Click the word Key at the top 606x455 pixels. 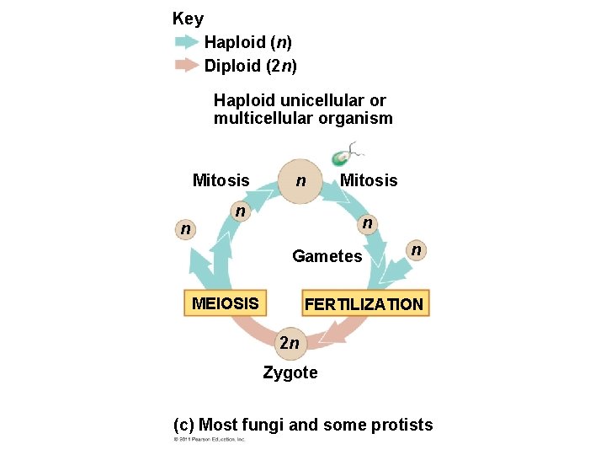pos(187,18)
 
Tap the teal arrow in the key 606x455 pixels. pos(186,41)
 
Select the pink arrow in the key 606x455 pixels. pos(186,65)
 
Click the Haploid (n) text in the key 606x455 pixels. pos(247,42)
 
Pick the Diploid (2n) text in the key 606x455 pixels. pos(251,65)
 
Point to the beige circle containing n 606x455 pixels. pos(300,181)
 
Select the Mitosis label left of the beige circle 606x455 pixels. pos(221,180)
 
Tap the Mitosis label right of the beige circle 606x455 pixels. pos(369,180)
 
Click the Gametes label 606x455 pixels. pos(327,256)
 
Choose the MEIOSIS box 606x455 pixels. pos(225,302)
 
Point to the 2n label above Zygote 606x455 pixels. pos(289,343)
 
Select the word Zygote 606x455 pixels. pos(290,372)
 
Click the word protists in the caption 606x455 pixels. pos(401,425)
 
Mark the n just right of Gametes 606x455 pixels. pos(414,249)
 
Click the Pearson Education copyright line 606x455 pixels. pos(209,440)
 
